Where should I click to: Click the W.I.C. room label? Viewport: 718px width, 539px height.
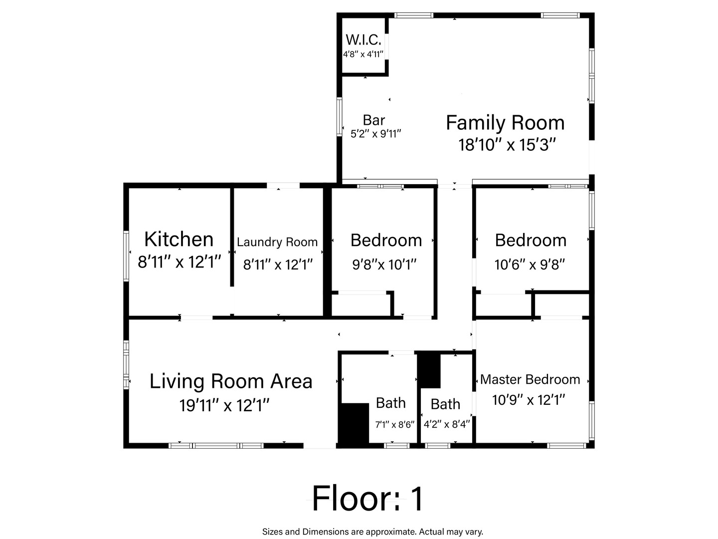363,40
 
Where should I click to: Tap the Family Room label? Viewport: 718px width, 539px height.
506,123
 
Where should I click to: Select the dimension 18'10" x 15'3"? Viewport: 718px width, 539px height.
507,145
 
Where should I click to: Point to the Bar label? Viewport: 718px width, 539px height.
374,120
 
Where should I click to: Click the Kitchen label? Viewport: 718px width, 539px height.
179,239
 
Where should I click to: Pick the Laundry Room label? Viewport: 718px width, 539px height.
277,242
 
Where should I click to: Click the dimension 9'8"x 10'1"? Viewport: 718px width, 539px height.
384,265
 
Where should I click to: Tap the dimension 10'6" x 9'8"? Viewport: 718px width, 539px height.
530,265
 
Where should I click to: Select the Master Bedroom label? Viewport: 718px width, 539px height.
530,380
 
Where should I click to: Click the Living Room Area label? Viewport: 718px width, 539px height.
231,382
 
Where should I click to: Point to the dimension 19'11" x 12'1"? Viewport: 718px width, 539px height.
224,405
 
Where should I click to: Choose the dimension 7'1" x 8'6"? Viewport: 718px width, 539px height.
395,425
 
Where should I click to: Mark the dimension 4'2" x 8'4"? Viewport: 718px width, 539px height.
446,424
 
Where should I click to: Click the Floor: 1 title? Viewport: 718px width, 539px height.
367,499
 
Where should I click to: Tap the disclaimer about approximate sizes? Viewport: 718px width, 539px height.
372,532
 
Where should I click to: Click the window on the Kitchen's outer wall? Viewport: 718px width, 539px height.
126,256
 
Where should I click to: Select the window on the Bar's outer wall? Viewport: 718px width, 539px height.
340,116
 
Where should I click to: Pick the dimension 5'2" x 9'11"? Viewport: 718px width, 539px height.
376,134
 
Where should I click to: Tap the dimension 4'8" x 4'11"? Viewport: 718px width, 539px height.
363,54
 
